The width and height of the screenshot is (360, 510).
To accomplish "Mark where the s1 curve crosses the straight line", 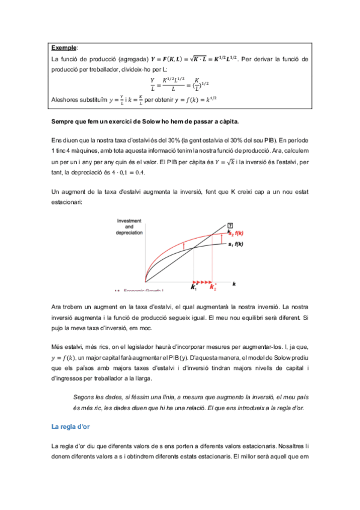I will (x=194, y=252).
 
